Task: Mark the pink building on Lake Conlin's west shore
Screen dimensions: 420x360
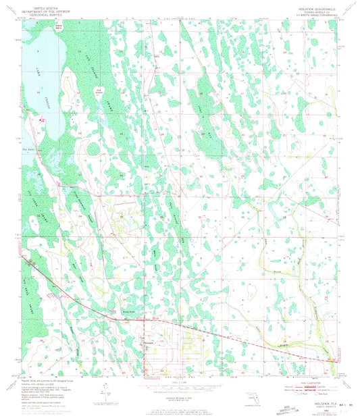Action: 43,121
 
